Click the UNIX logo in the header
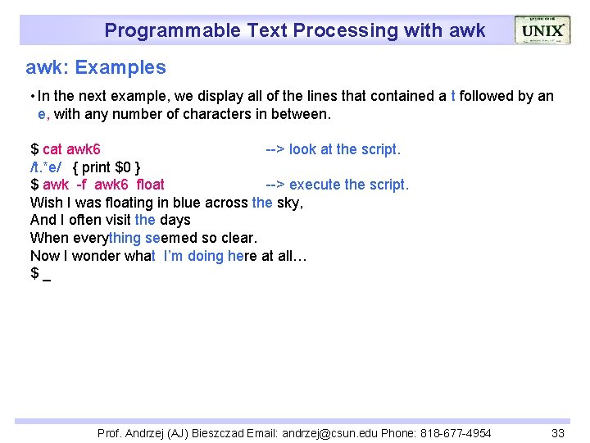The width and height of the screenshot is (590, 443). (x=542, y=30)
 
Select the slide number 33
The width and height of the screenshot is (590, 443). (x=558, y=433)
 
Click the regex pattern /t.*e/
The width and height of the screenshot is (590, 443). (x=46, y=167)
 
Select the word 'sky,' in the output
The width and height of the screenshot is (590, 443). (x=290, y=203)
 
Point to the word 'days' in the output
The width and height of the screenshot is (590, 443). (x=175, y=220)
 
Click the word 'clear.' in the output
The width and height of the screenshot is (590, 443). (x=238, y=238)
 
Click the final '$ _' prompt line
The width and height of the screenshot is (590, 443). (x=40, y=273)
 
